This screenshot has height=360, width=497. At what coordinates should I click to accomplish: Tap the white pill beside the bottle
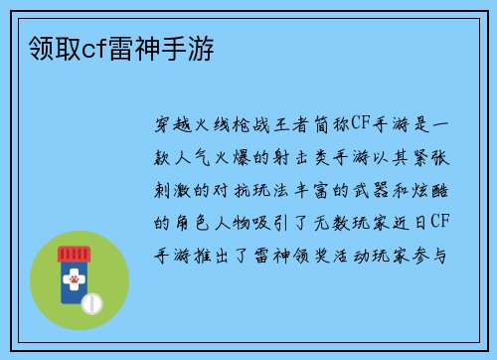coord(90,301)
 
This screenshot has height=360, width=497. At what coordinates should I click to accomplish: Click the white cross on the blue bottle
coord(75,282)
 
